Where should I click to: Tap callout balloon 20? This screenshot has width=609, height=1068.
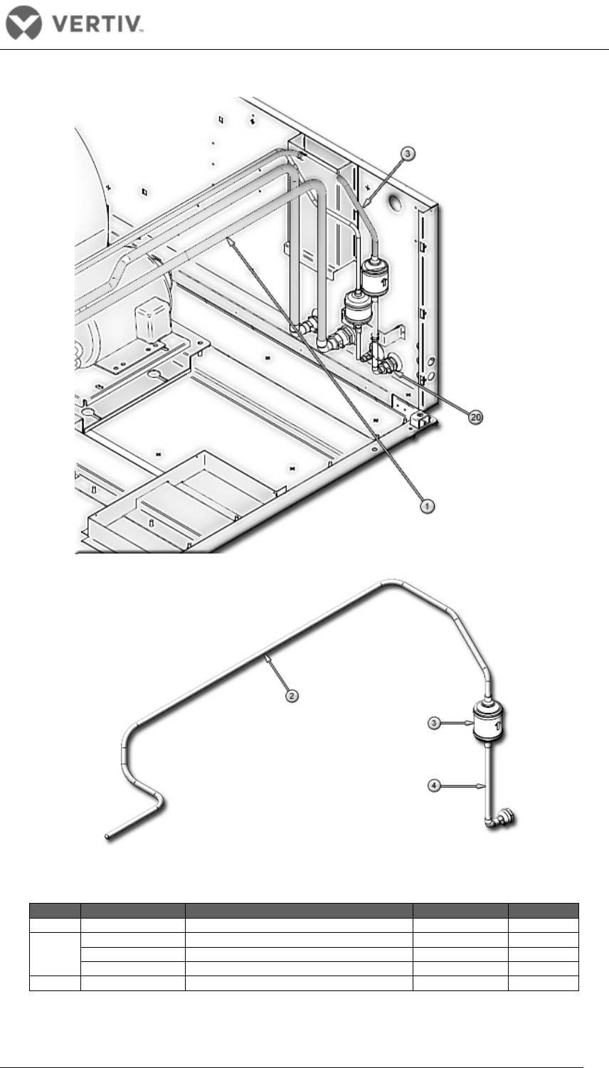[475, 418]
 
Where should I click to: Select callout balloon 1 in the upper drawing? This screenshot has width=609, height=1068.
[427, 506]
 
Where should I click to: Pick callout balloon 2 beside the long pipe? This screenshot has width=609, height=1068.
[291, 696]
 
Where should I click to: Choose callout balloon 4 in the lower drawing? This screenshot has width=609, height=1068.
[433, 786]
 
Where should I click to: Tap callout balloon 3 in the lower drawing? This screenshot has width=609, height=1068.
[433, 724]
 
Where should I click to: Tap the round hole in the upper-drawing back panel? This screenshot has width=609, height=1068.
[394, 203]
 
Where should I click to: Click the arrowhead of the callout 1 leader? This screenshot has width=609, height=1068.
[230, 240]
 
